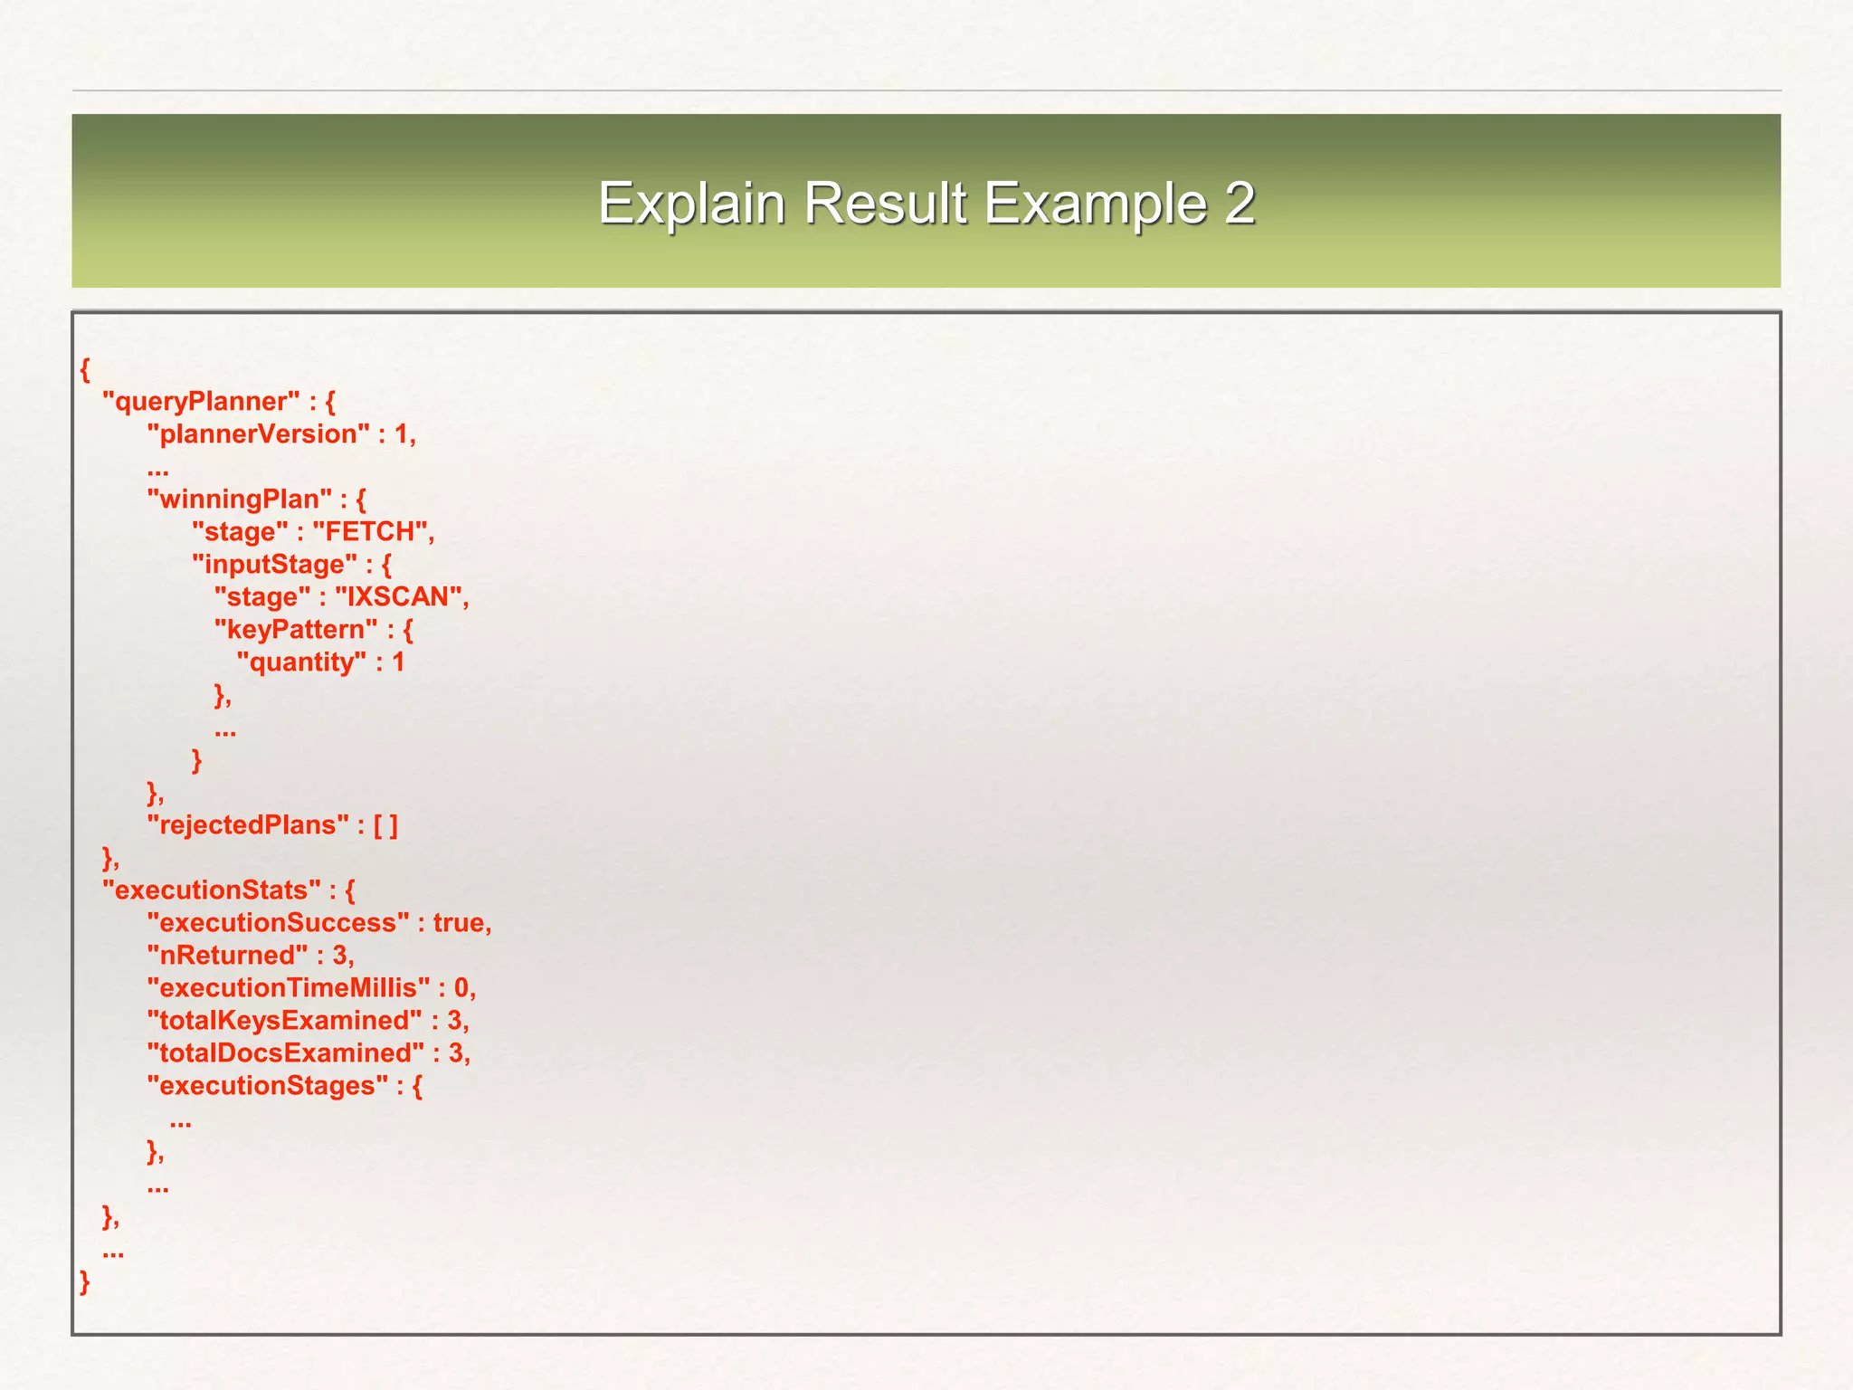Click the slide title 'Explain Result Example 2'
926,202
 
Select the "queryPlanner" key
201,402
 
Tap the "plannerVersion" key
259,434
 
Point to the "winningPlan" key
240,500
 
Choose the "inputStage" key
275,565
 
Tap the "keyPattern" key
296,630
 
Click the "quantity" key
302,662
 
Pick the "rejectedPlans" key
248,825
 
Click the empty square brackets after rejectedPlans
385,825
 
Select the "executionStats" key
212,890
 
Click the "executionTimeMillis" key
289,988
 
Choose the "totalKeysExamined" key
284,1021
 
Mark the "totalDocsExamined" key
285,1053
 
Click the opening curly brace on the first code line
85,370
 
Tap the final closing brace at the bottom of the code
85,1282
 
